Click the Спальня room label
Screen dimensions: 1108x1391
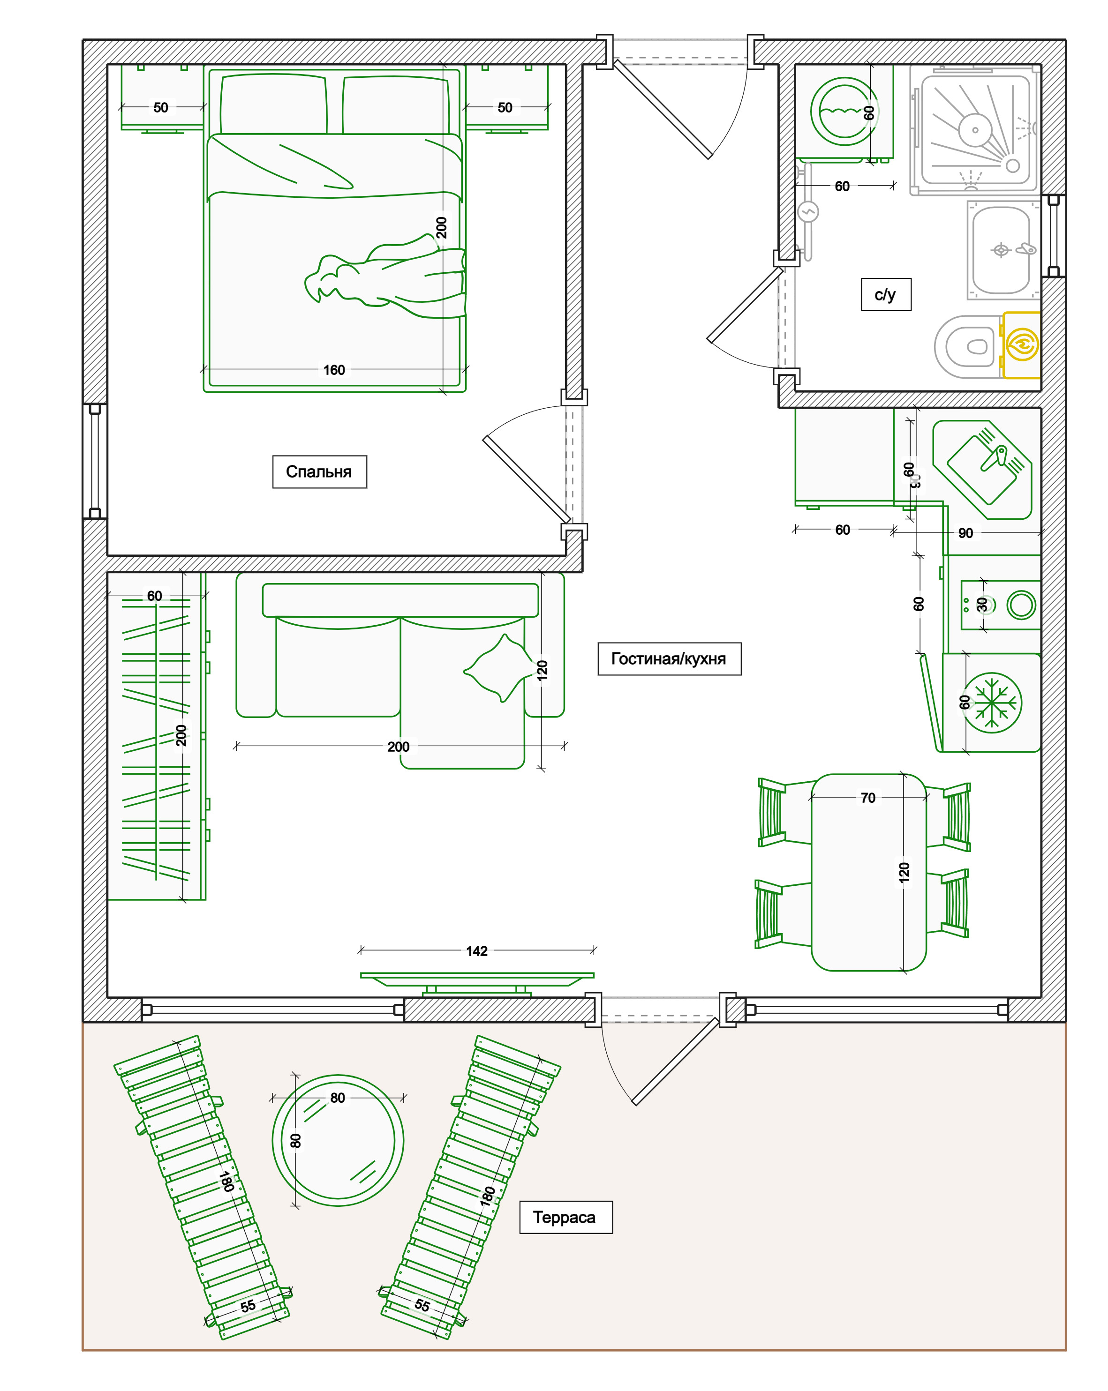click(319, 471)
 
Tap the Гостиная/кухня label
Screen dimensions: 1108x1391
click(669, 659)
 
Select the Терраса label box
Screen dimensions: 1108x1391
click(565, 1218)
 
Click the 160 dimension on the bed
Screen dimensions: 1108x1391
click(334, 370)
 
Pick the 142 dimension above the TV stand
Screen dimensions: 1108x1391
click(477, 951)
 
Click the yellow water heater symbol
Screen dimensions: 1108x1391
click(1022, 345)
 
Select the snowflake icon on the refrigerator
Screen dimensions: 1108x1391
click(993, 703)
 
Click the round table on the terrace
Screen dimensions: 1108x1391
click(338, 1141)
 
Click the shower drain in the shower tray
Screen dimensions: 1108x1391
click(975, 130)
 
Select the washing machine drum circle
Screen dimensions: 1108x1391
click(844, 112)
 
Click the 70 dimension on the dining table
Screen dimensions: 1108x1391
click(868, 798)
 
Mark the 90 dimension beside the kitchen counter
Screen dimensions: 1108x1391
click(965, 533)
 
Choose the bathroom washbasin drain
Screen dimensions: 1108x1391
click(1001, 250)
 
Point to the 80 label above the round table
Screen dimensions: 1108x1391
click(338, 1098)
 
